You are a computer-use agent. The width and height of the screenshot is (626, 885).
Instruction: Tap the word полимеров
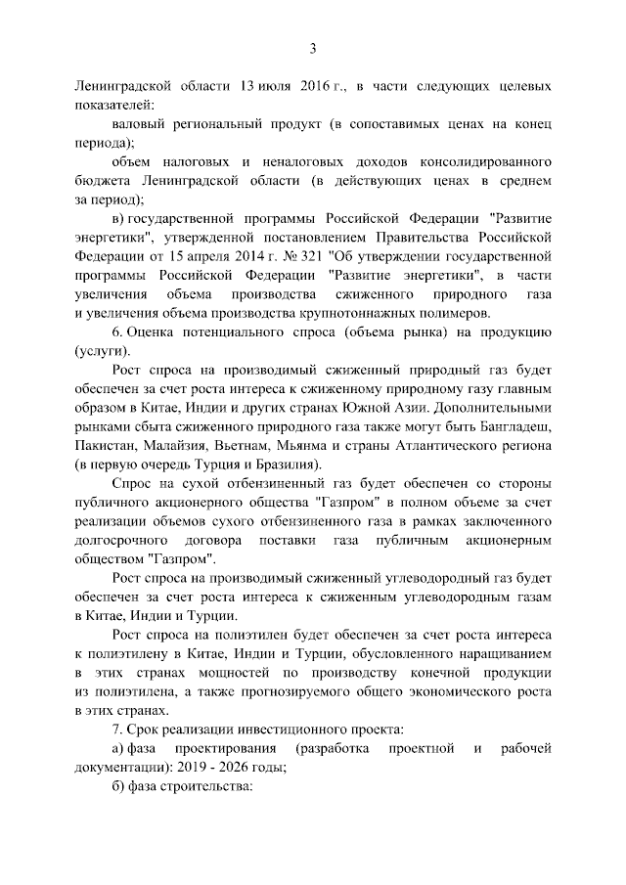tap(453, 313)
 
